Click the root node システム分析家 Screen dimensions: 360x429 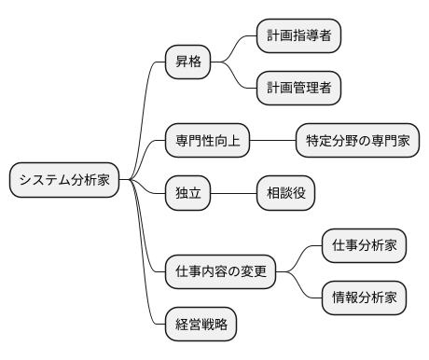64,180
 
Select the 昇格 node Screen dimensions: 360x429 187,62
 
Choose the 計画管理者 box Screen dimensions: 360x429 298,89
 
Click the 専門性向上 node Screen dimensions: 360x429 207,141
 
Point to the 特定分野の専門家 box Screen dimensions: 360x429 357,141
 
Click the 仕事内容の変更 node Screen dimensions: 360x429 220,271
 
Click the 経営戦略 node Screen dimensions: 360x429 201,325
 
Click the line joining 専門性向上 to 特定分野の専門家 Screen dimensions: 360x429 272,141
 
